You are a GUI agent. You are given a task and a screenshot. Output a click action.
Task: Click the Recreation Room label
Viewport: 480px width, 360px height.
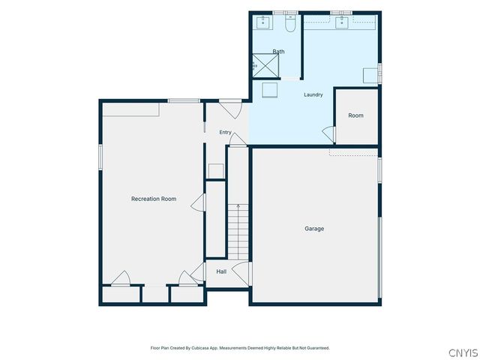154,199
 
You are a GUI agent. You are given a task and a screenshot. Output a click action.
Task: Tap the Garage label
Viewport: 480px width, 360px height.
314,229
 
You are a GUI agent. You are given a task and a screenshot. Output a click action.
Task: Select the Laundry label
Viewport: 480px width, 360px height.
313,95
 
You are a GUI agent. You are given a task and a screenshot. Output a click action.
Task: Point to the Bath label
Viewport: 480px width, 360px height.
278,52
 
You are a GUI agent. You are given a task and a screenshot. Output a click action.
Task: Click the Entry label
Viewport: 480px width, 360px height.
225,132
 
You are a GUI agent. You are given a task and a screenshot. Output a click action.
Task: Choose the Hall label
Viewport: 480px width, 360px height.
221,271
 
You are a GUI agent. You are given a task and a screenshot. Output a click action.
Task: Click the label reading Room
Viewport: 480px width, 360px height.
355,115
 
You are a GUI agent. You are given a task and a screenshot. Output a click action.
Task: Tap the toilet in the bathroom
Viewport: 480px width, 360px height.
290,23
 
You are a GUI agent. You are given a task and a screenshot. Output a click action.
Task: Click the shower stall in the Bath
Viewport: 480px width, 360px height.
265,66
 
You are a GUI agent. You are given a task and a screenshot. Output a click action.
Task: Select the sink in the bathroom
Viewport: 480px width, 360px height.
262,22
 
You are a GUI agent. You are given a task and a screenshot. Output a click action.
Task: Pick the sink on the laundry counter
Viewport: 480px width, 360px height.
342,22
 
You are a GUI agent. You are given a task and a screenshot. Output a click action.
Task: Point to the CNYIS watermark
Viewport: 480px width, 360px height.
463,352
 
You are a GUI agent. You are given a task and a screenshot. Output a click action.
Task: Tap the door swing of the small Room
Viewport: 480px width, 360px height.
328,134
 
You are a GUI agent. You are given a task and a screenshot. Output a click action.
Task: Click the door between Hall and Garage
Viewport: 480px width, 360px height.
241,274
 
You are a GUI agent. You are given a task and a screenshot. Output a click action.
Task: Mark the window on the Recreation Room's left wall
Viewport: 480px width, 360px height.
100,157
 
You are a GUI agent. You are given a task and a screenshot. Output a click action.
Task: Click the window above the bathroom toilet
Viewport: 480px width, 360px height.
285,13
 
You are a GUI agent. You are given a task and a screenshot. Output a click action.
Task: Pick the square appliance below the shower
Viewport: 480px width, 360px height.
270,90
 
